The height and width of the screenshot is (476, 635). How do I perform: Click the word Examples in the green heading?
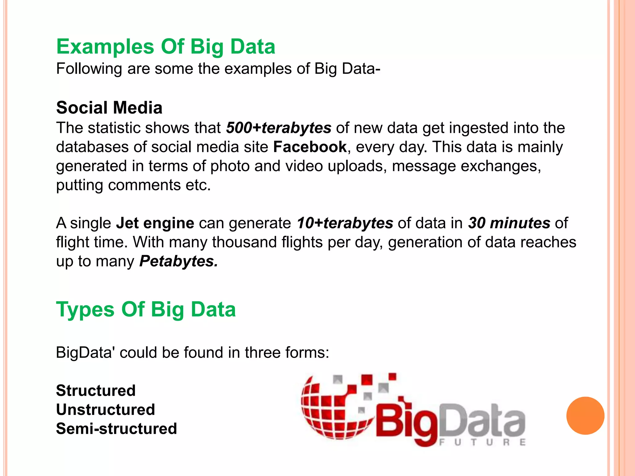tap(105, 47)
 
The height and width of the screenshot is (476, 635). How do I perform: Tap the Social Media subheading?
tap(109, 108)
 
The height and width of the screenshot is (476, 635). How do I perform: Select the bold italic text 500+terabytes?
tap(278, 128)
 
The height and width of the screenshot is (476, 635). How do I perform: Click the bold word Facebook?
tap(309, 147)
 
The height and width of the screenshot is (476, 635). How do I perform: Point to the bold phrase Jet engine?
tap(155, 223)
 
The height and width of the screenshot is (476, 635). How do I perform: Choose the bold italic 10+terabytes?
tap(345, 223)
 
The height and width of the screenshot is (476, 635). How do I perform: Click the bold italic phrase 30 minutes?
tap(509, 223)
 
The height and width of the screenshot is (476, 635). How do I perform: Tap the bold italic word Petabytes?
tap(178, 261)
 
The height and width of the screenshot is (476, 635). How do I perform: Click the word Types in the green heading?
tap(85, 310)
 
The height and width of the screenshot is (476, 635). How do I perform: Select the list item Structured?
tap(96, 390)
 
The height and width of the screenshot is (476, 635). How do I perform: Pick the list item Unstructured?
tap(105, 410)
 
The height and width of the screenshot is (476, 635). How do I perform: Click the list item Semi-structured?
tap(116, 429)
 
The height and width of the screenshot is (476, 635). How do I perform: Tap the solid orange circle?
tap(585, 416)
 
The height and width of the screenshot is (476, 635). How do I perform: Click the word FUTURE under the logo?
tap(482, 442)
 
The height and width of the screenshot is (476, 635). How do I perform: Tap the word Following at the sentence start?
tap(89, 69)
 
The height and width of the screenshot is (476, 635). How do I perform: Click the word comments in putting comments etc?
tap(144, 185)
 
